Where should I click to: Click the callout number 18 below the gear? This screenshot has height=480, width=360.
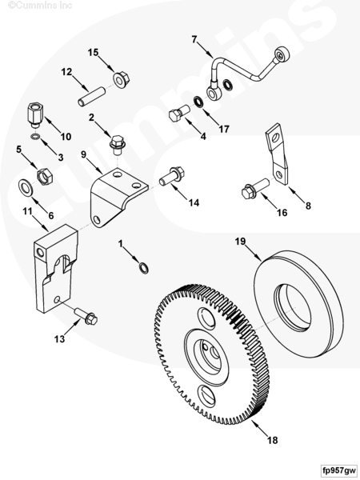[272, 440]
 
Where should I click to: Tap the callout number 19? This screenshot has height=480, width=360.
[240, 242]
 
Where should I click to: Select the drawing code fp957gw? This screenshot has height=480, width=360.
[339, 470]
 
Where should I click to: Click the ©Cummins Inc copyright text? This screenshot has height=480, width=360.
[40, 6]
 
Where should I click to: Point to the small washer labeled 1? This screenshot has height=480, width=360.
[143, 267]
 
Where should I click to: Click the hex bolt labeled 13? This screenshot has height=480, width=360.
[86, 316]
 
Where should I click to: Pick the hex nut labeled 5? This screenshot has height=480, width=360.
[45, 176]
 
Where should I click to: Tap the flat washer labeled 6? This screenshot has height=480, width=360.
[26, 186]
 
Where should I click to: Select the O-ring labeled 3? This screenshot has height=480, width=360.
[35, 136]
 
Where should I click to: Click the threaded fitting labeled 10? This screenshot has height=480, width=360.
[35, 115]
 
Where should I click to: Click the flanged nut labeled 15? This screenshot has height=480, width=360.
[122, 79]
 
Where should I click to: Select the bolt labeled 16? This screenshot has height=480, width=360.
[255, 188]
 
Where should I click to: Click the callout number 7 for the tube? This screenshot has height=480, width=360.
[194, 39]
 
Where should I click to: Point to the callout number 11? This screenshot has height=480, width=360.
[27, 211]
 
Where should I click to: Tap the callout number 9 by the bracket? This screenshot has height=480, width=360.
[83, 154]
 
